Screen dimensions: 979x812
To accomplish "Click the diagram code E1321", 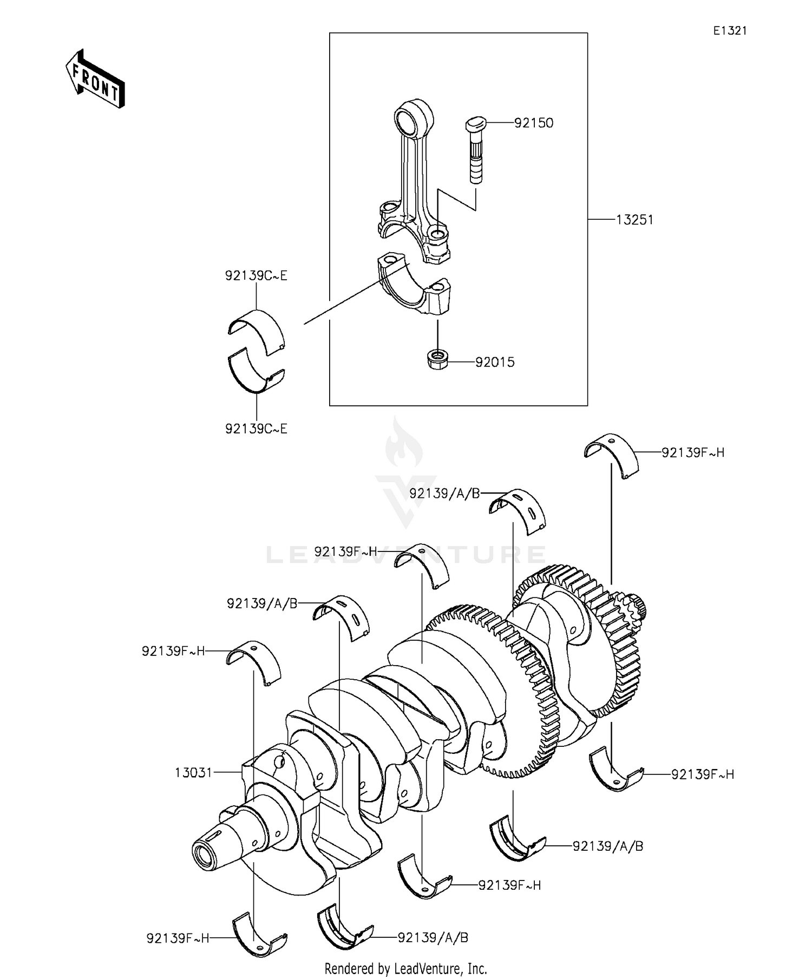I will click(x=729, y=31).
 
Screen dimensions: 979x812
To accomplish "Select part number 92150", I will click(x=533, y=123).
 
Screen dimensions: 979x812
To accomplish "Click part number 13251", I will click(x=634, y=220).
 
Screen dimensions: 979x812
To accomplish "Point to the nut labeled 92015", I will click(x=436, y=360).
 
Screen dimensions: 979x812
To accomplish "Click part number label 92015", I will click(x=495, y=362).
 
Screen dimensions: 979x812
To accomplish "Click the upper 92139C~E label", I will click(x=256, y=275).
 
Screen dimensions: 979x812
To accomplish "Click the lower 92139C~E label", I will click(x=256, y=429).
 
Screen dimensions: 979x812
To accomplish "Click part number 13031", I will click(x=193, y=772).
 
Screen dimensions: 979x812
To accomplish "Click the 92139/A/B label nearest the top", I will click(x=444, y=493).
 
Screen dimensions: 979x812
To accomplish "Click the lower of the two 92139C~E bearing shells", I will click(x=256, y=373).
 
